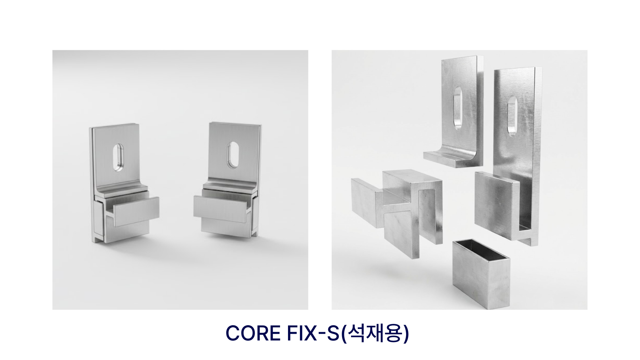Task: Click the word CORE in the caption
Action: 253,333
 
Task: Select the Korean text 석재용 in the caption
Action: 376,333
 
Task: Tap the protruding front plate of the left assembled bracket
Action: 136,212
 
